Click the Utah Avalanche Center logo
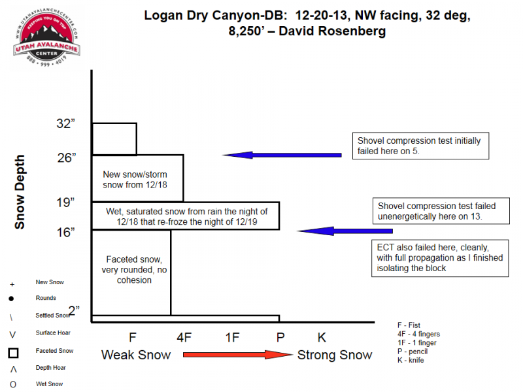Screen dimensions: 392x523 pos(49,41)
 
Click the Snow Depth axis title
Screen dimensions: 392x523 pos(20,191)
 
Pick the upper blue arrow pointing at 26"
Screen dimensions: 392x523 pos(282,155)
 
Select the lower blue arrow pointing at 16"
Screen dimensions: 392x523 pos(345,231)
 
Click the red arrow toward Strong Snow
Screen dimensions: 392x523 pos(236,355)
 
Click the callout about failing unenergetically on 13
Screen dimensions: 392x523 pos(439,211)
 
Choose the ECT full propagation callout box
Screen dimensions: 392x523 pos(439,258)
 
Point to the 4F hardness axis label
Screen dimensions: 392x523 pos(184,338)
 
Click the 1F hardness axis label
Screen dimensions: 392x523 pos(232,338)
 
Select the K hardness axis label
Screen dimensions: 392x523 pos(321,338)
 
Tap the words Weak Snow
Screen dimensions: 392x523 pos(136,355)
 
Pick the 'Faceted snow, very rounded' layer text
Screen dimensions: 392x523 pos(130,270)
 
